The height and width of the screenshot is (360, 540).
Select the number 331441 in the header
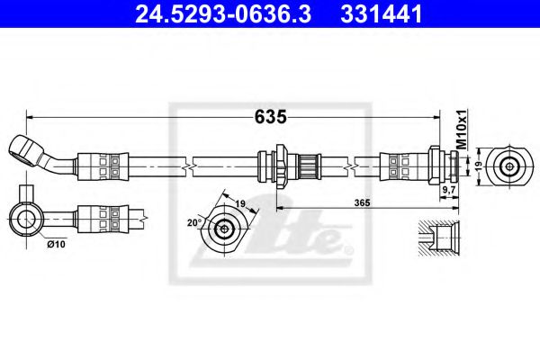[x=373, y=14]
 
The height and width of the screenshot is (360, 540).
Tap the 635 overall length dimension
[x=269, y=116]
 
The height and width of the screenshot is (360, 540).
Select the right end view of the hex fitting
[x=511, y=166]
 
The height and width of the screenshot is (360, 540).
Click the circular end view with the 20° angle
[x=223, y=229]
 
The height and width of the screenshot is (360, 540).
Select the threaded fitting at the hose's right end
[x=441, y=166]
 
